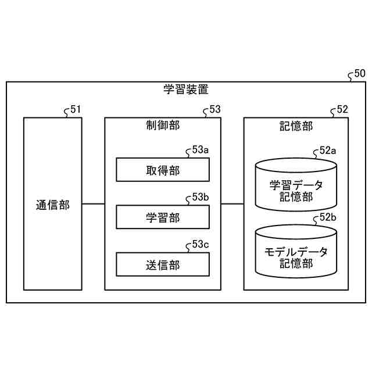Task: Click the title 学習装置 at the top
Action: pos(186,90)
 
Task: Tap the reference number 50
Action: pos(359,74)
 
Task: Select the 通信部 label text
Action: pos(52,205)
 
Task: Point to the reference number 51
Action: pos(76,109)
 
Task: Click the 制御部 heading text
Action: pos(163,126)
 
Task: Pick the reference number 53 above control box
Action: pos(214,109)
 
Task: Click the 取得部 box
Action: pos(163,170)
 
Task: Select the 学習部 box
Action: pos(163,217)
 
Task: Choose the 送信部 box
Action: pos(163,264)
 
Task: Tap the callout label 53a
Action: pos(200,151)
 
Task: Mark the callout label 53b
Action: pos(200,197)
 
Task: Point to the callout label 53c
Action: pos(200,244)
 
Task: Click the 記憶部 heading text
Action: pos(296,126)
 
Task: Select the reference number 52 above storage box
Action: pos(342,109)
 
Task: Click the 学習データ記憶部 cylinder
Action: pos(296,186)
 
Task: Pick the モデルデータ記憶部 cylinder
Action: pos(296,253)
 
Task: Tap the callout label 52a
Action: pos(328,151)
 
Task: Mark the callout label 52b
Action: pos(328,217)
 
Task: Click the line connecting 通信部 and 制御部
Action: pos(93,204)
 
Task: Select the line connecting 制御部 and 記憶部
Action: pos(232,204)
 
